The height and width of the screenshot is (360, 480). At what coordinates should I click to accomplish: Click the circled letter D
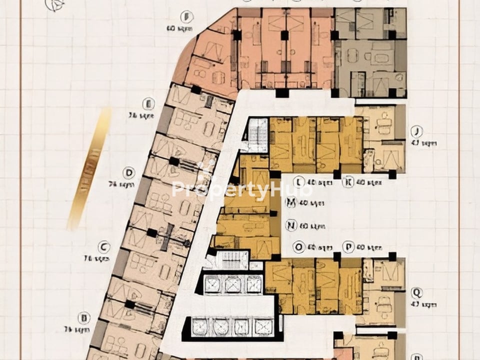coord(129,173)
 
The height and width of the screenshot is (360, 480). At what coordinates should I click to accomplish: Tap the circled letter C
coord(103,246)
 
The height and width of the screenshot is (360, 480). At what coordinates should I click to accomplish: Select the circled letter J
coord(416,131)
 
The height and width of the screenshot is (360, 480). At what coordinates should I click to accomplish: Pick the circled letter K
coord(348,182)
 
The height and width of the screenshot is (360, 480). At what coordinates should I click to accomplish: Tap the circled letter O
coord(299,246)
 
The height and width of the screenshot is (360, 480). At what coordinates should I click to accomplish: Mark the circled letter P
coord(348,246)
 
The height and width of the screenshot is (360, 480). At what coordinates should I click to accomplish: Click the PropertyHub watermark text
coord(242,189)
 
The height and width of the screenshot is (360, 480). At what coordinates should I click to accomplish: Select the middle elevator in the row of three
coord(233,284)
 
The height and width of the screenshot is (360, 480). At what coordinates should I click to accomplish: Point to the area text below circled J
coord(429,143)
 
